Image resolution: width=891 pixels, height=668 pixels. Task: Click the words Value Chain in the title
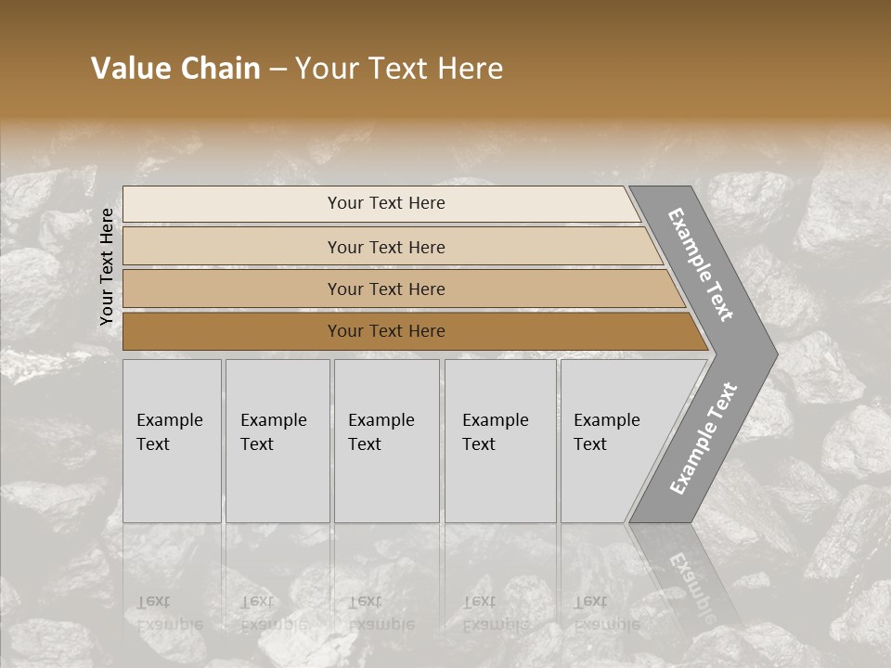coord(175,69)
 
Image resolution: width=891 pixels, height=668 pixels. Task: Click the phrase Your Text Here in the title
coord(399,69)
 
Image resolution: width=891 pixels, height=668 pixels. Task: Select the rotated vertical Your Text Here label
coord(107,266)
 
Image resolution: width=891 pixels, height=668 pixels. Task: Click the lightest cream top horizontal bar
coord(232,203)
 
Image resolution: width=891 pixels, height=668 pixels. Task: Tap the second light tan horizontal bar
coord(232,247)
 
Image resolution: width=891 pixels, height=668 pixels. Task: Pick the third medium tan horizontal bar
coord(232,289)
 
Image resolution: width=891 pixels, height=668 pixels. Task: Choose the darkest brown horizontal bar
coord(232,331)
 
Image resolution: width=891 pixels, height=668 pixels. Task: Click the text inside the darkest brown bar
coord(386,331)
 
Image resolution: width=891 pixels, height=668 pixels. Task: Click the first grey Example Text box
coord(172,441)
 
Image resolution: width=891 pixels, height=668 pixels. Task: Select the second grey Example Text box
coord(278,441)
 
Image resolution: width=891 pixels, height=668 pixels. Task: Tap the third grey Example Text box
coord(386,441)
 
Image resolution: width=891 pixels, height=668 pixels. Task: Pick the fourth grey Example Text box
coord(500,441)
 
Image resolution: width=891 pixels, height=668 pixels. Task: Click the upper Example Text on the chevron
coord(701,264)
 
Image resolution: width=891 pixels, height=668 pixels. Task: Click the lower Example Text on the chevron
coord(703,438)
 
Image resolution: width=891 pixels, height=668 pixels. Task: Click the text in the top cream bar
coord(386,203)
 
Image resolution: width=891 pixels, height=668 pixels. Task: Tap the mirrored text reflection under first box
coord(169,612)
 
